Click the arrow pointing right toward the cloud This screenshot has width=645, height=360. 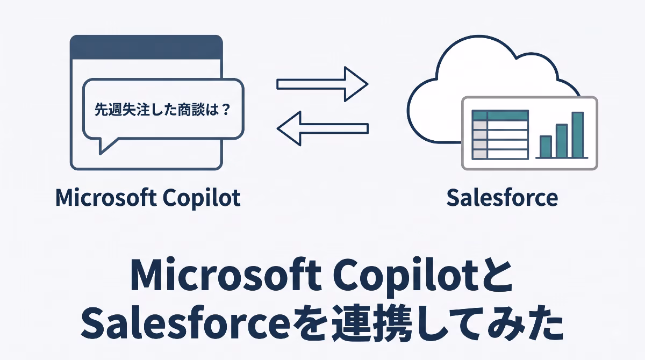[322, 84]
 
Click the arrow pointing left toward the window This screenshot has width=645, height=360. [322, 128]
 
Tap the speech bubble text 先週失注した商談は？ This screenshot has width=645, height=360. [162, 110]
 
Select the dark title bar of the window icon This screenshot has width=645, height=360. [146, 47]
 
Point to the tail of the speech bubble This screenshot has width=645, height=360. [106, 146]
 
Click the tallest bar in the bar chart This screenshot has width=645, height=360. [578, 135]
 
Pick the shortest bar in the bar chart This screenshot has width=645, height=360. [546, 147]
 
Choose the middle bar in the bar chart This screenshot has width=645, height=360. [562, 141]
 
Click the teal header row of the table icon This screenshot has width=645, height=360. [500, 115]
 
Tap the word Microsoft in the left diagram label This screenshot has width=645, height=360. [106, 198]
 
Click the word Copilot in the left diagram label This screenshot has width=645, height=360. [202, 199]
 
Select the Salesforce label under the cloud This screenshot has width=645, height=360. [502, 198]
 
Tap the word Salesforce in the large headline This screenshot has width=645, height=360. [185, 324]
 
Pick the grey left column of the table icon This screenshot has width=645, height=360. [479, 140]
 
